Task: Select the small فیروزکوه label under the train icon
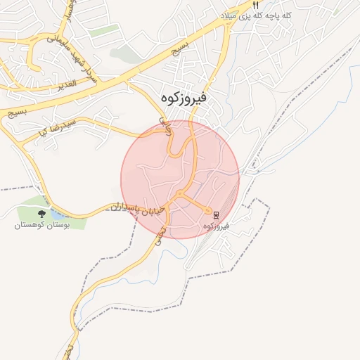click(217, 226)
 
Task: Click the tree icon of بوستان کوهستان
click(42, 214)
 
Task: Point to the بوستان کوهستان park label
click(42, 226)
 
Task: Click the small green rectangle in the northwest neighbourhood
click(103, 30)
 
